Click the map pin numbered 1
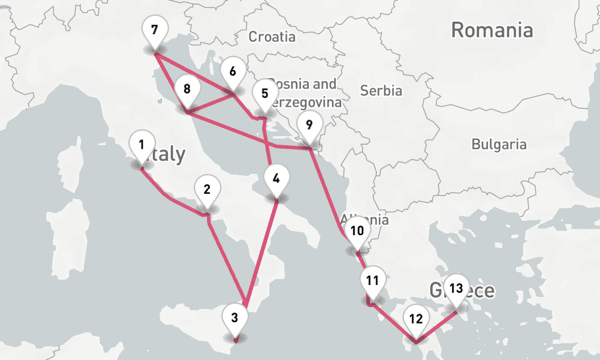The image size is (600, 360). click(x=141, y=145)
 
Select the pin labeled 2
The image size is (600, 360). click(x=207, y=191)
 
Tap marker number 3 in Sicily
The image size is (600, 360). click(x=235, y=318)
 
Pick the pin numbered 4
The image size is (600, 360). click(x=276, y=179)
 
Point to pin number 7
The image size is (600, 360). click(x=155, y=30)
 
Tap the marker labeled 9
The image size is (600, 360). click(x=309, y=125)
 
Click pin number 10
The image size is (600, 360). click(x=357, y=231)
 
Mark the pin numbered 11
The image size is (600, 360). click(x=373, y=281)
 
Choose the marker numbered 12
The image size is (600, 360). click(x=416, y=319)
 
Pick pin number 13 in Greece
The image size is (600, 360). click(x=456, y=289)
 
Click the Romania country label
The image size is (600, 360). click(x=492, y=29)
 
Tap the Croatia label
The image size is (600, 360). click(x=272, y=37)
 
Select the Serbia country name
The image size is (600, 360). click(x=381, y=91)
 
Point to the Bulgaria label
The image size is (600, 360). click(x=499, y=144)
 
